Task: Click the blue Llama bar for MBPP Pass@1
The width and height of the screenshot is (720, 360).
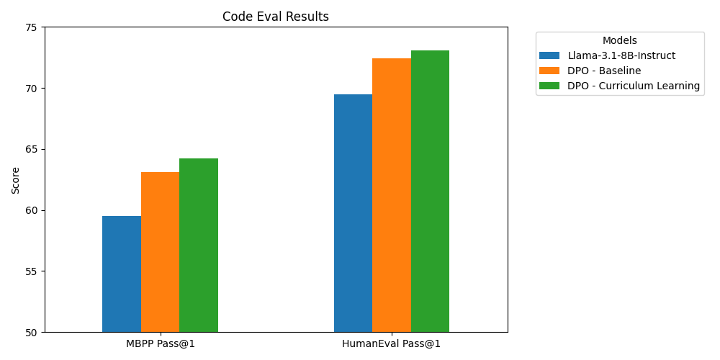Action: click(x=122, y=274)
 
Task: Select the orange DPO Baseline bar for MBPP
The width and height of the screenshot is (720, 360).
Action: click(x=160, y=252)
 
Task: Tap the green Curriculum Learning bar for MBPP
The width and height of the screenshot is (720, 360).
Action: click(x=199, y=246)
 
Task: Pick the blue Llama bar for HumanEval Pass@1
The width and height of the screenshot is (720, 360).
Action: click(x=353, y=213)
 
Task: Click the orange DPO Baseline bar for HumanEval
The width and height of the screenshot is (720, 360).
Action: click(x=392, y=195)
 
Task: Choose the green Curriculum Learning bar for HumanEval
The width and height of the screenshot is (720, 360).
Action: click(x=430, y=192)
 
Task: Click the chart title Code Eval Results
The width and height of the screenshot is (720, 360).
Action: click(x=276, y=17)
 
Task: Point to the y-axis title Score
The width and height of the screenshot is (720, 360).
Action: click(x=16, y=180)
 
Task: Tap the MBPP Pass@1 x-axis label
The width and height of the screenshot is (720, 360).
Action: click(x=161, y=343)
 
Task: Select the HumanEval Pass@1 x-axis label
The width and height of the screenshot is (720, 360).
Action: click(x=392, y=343)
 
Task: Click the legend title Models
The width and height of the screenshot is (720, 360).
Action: click(x=620, y=41)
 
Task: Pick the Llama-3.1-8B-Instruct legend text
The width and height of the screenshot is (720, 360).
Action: click(x=621, y=55)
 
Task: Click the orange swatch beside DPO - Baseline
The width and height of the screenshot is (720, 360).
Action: click(x=549, y=71)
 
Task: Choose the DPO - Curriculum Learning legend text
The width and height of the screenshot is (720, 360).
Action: click(x=634, y=86)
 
